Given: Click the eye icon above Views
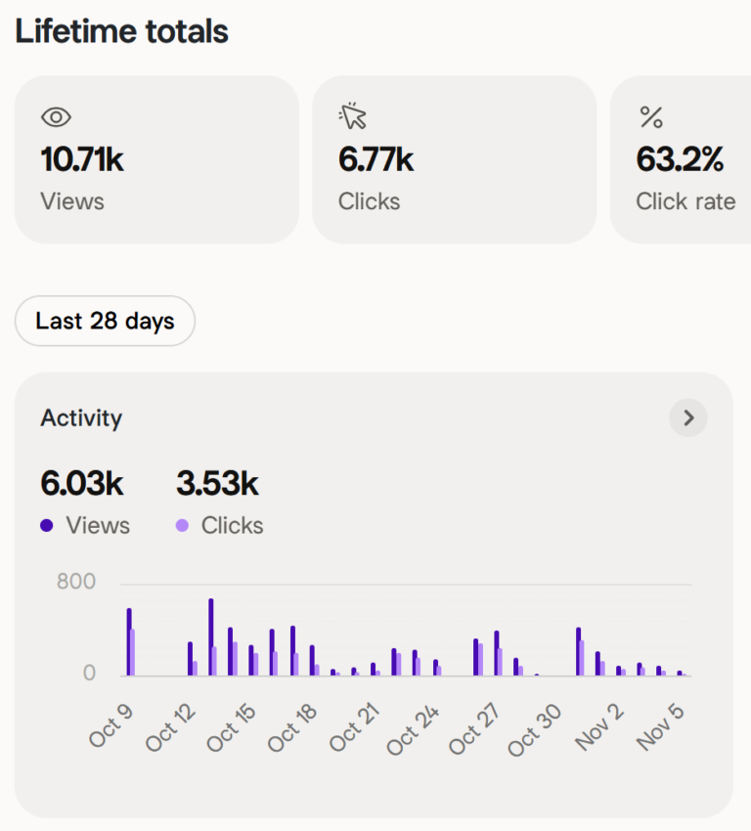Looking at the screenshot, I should pyautogui.click(x=57, y=117).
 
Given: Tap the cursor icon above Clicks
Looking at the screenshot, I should pyautogui.click(x=353, y=117).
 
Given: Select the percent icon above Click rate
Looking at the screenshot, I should pyautogui.click(x=651, y=118).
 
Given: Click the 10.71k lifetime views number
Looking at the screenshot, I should pyautogui.click(x=82, y=159).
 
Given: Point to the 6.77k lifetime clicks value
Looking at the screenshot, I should pyautogui.click(x=376, y=159).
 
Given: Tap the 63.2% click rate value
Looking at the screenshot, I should pyautogui.click(x=680, y=159).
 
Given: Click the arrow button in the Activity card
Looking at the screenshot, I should pyautogui.click(x=688, y=418).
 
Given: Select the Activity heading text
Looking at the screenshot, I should pyautogui.click(x=81, y=418).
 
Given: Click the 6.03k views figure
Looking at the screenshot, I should pyautogui.click(x=82, y=483).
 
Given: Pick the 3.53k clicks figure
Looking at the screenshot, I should pyautogui.click(x=217, y=483).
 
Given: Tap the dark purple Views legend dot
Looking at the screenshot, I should pyautogui.click(x=47, y=526).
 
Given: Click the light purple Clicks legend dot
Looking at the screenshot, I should pyautogui.click(x=182, y=526).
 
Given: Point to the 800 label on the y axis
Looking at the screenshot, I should pyautogui.click(x=76, y=583).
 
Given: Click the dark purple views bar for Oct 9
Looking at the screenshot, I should pyautogui.click(x=128, y=642).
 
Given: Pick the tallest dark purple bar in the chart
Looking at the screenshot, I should pyautogui.click(x=210, y=636).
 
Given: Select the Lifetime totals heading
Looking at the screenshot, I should pyautogui.click(x=121, y=31).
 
